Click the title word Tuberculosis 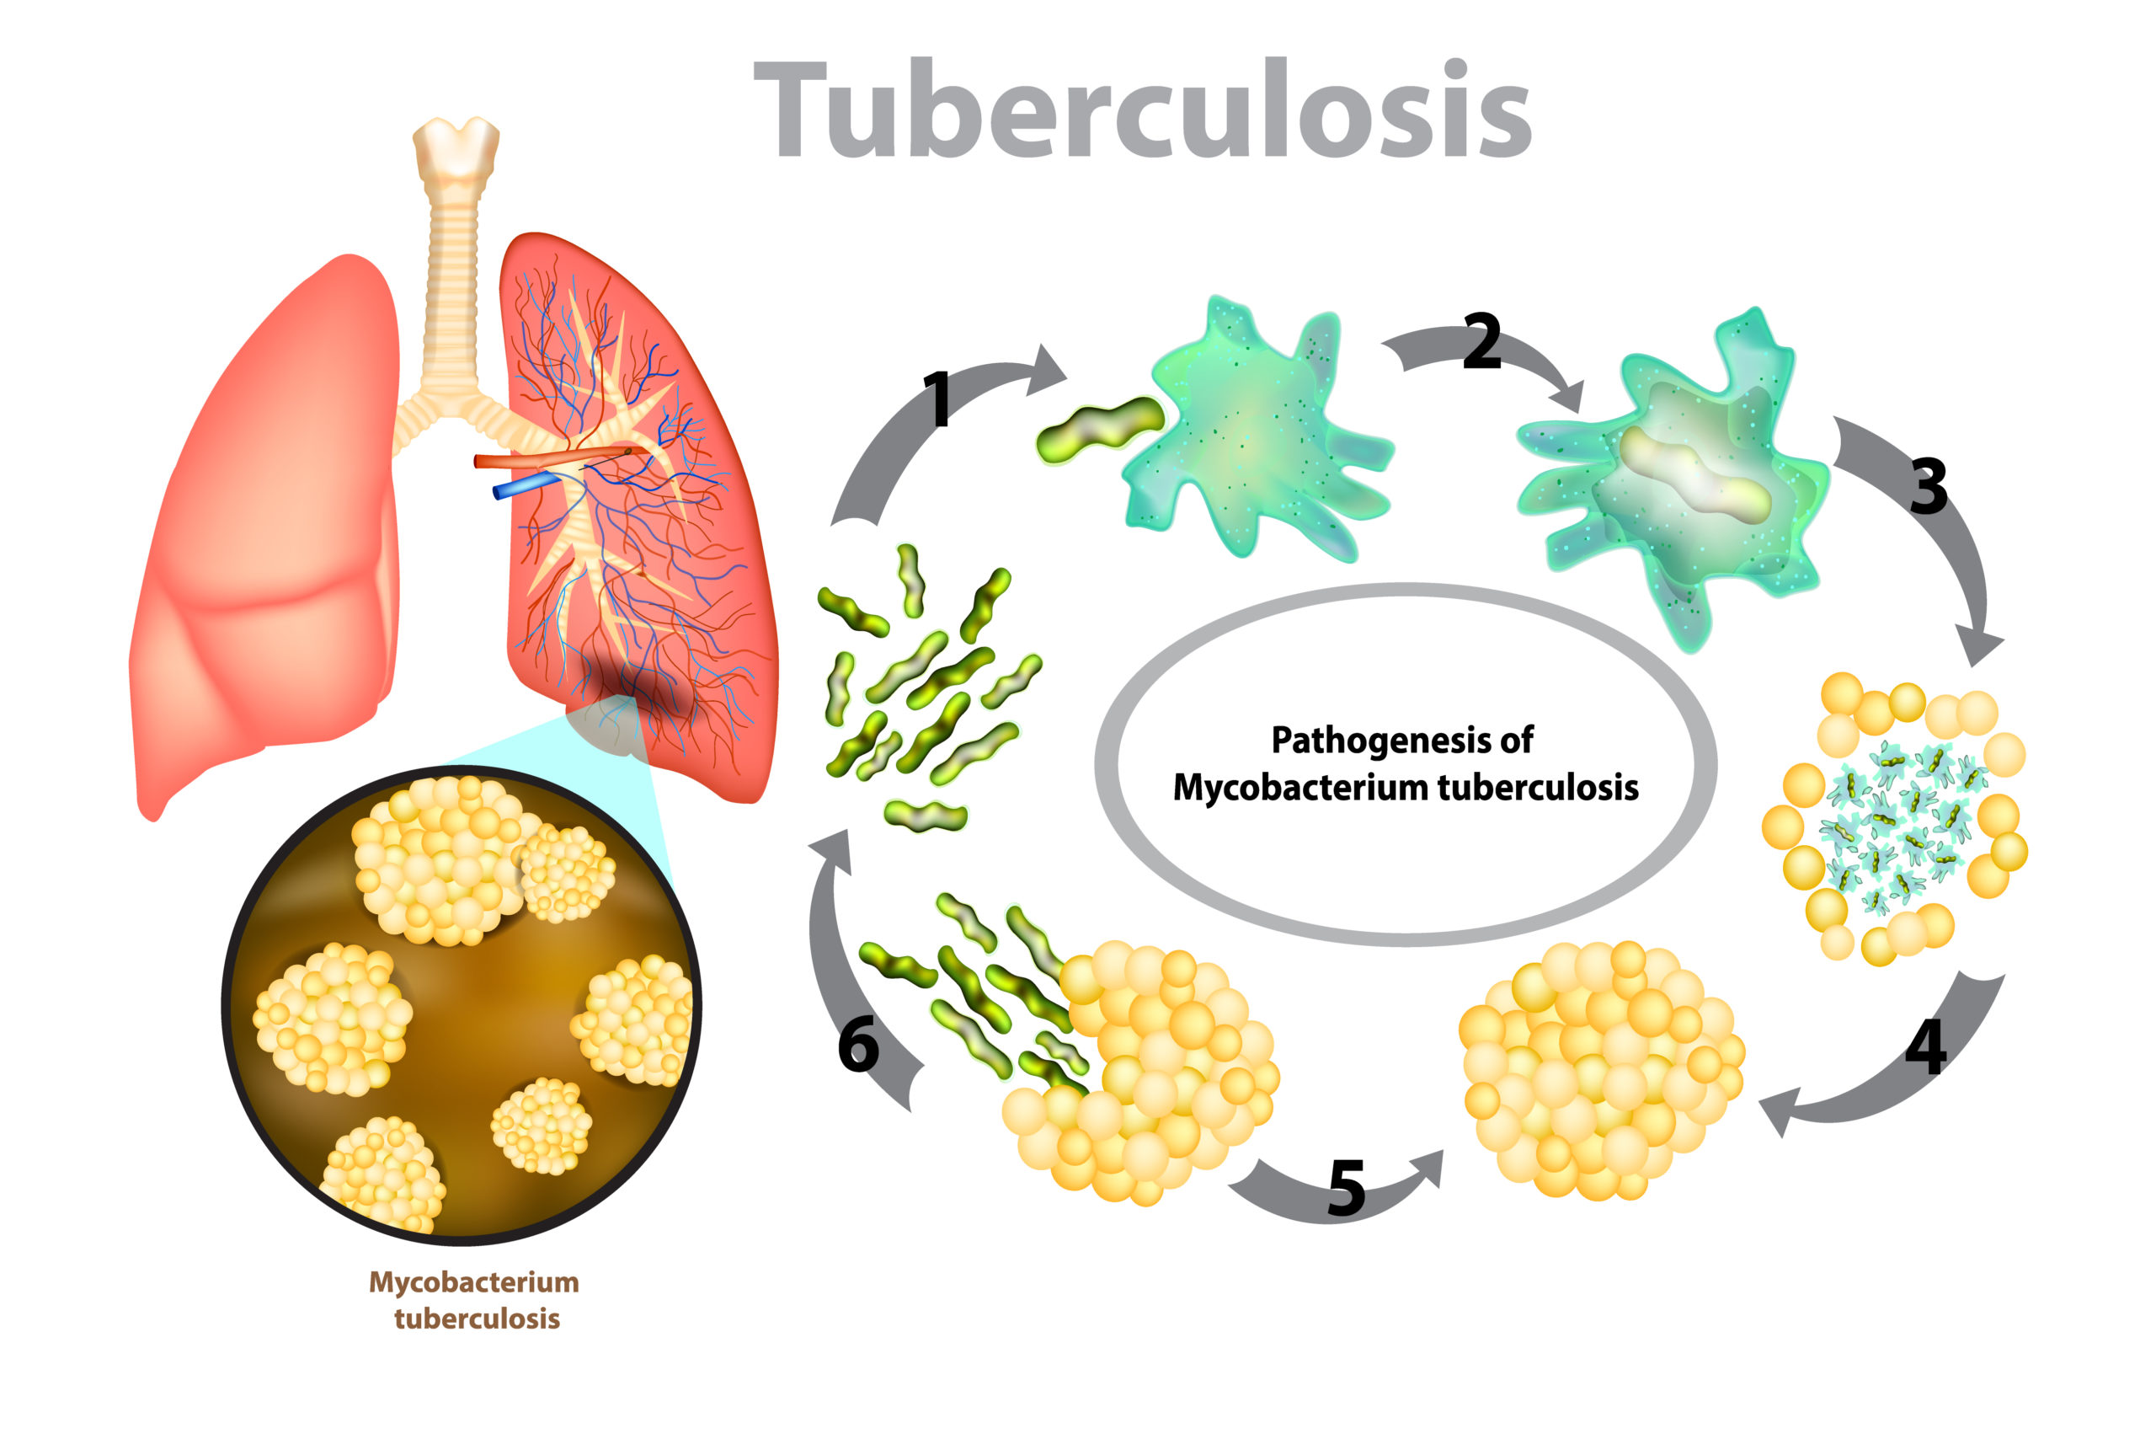coord(1141,110)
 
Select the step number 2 coord(1481,341)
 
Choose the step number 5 coord(1346,1189)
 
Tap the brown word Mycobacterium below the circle coord(473,1282)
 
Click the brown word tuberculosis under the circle coord(477,1319)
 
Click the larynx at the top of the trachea coord(456,147)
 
